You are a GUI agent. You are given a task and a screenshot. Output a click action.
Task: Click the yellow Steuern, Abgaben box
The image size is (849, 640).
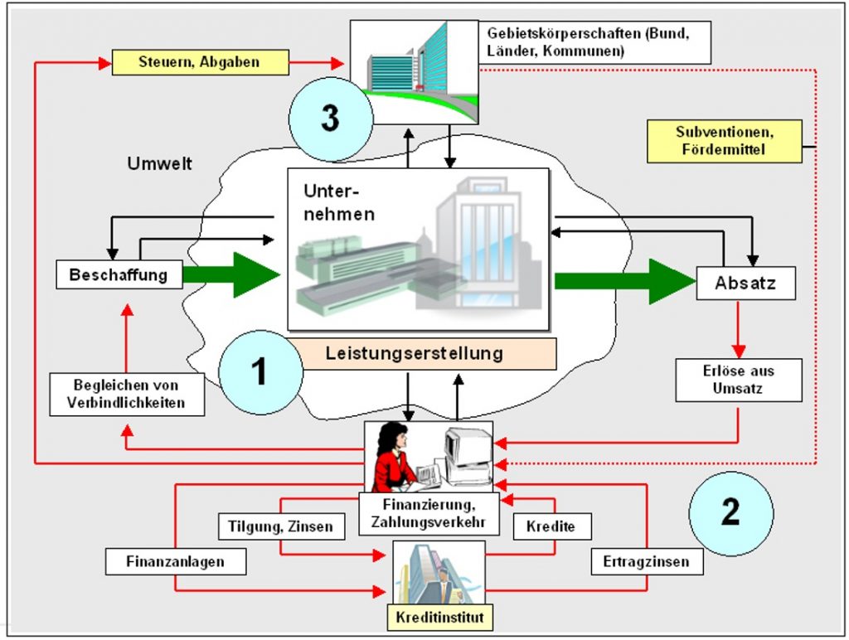point(201,62)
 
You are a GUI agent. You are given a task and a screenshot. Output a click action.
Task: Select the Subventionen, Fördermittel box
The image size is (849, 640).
point(725,141)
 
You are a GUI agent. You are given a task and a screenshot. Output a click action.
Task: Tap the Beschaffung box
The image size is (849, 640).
point(119,274)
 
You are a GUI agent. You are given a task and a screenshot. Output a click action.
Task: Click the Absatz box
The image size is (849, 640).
point(745,283)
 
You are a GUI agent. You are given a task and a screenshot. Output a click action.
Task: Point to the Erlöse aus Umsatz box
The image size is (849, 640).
point(739,380)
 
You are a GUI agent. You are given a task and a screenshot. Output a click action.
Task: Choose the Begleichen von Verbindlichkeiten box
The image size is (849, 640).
point(127,394)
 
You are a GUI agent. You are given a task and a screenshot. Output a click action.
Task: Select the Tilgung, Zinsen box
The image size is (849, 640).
point(282,526)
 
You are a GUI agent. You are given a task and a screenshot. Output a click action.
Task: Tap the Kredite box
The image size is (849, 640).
point(551,526)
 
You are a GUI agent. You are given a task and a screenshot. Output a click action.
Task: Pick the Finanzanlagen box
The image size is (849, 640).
point(176,561)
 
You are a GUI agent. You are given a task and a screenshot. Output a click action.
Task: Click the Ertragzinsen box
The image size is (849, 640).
point(647,561)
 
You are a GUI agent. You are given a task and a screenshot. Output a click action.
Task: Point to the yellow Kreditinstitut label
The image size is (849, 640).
point(439,618)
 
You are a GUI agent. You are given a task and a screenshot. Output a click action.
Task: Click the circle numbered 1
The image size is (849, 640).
point(261,372)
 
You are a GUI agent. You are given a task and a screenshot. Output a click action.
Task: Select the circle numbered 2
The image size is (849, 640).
point(731,513)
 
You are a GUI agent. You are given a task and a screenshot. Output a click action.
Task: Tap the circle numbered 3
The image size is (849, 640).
point(331,119)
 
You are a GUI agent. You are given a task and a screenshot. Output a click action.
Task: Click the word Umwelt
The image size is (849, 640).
point(160,163)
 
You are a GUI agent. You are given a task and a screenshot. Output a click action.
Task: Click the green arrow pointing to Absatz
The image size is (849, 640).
point(625,281)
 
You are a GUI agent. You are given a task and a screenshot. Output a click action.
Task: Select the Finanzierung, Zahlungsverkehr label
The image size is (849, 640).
point(429,513)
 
